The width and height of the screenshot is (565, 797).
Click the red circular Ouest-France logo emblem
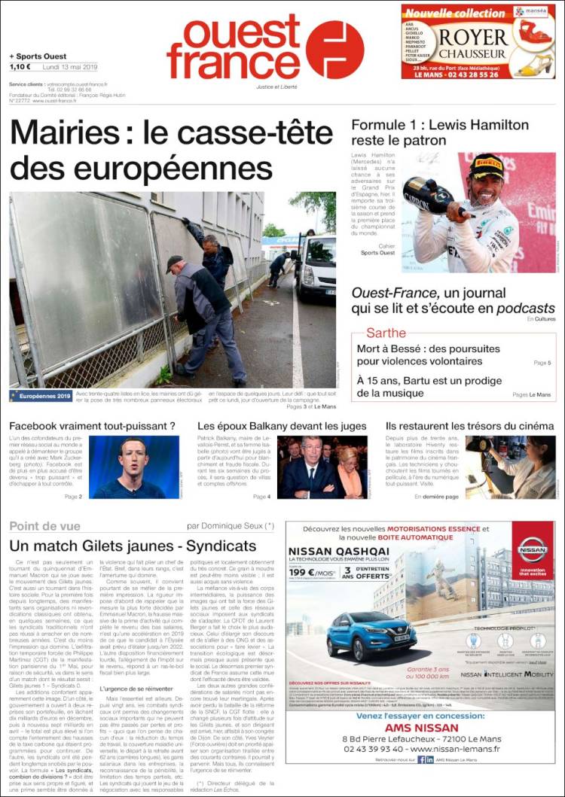(334, 50)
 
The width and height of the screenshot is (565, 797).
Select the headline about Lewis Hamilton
(440, 132)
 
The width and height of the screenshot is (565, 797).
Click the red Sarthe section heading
(386, 333)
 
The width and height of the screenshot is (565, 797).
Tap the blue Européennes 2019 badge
(41, 395)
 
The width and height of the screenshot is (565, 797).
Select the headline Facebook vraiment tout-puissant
(92, 427)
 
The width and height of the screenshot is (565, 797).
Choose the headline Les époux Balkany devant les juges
(282, 427)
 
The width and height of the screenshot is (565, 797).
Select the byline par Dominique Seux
(231, 526)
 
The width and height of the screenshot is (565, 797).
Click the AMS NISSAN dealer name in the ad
(422, 728)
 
